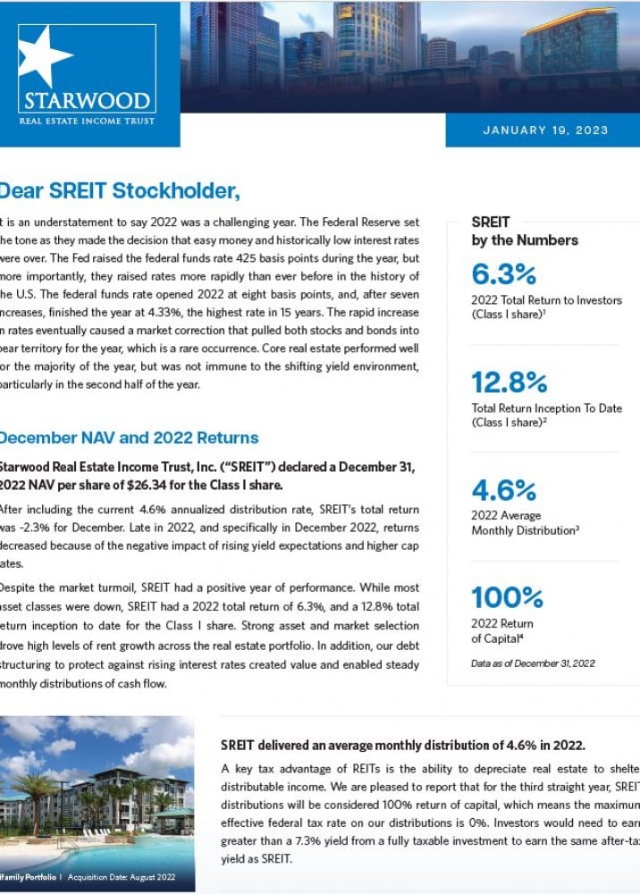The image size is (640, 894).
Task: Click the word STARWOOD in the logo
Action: click(x=87, y=99)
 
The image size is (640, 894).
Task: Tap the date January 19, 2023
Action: click(x=545, y=131)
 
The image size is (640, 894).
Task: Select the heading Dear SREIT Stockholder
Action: click(x=120, y=190)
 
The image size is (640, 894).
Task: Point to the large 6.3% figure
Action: click(x=504, y=274)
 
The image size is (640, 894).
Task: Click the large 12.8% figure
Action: click(x=509, y=383)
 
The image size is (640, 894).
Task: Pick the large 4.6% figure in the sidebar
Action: click(x=504, y=491)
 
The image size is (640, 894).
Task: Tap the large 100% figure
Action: click(x=507, y=597)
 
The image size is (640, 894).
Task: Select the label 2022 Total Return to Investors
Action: click(x=546, y=300)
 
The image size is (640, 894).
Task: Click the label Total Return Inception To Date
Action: click(x=546, y=409)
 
